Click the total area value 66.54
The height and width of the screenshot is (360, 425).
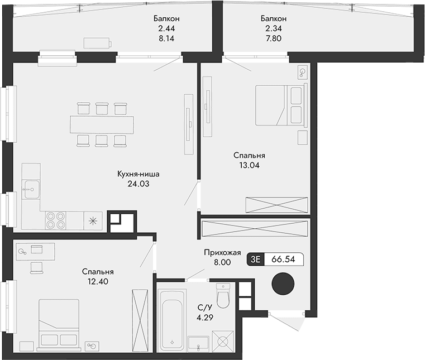click(x=283, y=260)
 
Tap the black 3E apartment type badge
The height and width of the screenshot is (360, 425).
click(x=256, y=260)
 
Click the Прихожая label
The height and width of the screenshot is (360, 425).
click(x=222, y=253)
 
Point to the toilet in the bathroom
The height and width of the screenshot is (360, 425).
click(x=223, y=297)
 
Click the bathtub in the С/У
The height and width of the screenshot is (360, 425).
click(x=171, y=319)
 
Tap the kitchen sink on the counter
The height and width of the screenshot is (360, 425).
click(x=31, y=189)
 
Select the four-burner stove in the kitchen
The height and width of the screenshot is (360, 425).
click(x=54, y=219)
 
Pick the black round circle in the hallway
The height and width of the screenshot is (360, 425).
click(x=282, y=284)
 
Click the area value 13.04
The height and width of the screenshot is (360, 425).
click(x=249, y=165)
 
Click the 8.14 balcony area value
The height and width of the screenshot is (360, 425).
click(x=167, y=40)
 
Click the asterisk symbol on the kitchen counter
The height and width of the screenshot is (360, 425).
click(x=93, y=220)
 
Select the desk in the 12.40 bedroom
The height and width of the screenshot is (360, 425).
click(x=36, y=252)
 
